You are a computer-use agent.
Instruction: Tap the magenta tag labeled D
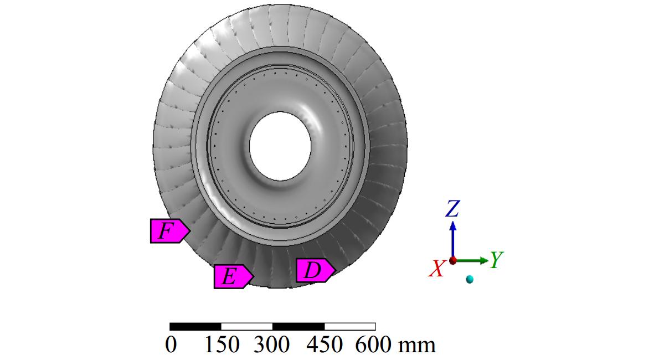(x=315, y=270)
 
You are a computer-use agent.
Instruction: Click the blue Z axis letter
(x=452, y=208)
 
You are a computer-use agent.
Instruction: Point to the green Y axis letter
(x=496, y=259)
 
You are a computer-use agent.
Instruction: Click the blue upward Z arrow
(x=453, y=239)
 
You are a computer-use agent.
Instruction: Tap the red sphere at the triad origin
(x=453, y=261)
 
